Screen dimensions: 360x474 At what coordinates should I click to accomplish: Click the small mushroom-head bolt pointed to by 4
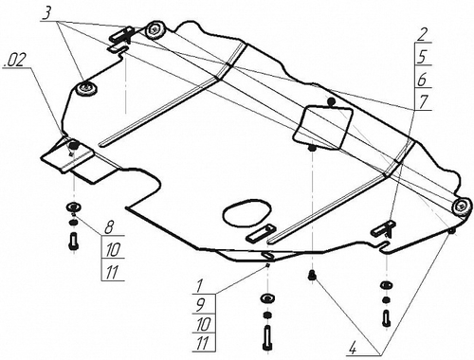(x=314, y=276)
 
